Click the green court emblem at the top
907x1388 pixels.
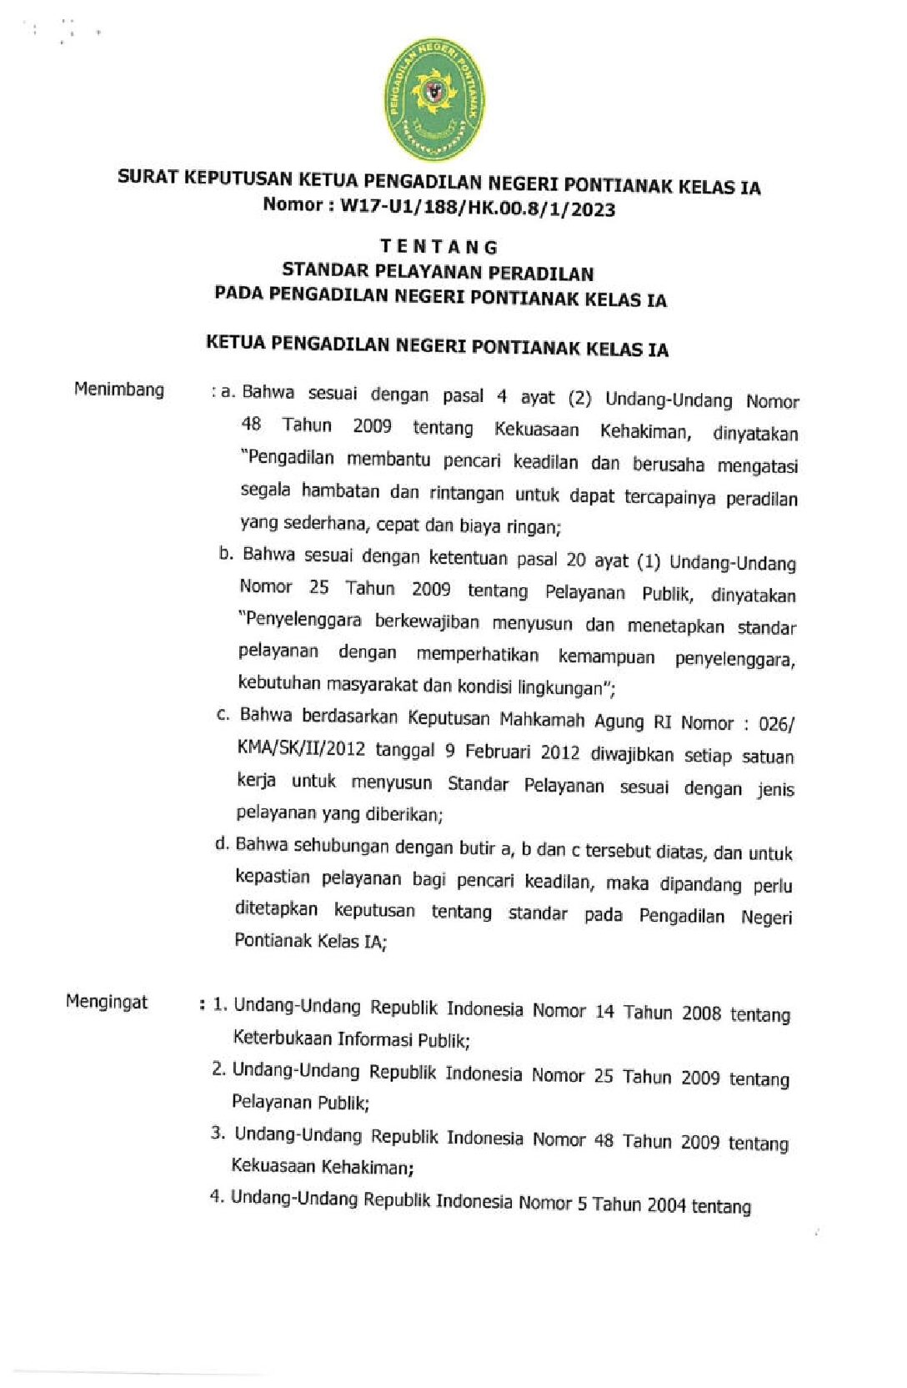tap(434, 98)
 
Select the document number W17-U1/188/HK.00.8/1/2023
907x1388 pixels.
tap(477, 208)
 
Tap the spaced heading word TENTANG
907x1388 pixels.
tap(439, 247)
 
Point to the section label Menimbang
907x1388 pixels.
tap(119, 390)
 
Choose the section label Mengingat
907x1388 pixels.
tap(107, 1002)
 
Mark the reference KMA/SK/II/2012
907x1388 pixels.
tap(301, 747)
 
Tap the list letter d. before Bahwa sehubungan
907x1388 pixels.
tap(222, 843)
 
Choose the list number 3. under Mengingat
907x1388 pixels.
tap(218, 1133)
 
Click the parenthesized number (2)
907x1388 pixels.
tap(579, 398)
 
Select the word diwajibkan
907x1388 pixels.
tap(632, 754)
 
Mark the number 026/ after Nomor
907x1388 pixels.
tap(776, 723)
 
